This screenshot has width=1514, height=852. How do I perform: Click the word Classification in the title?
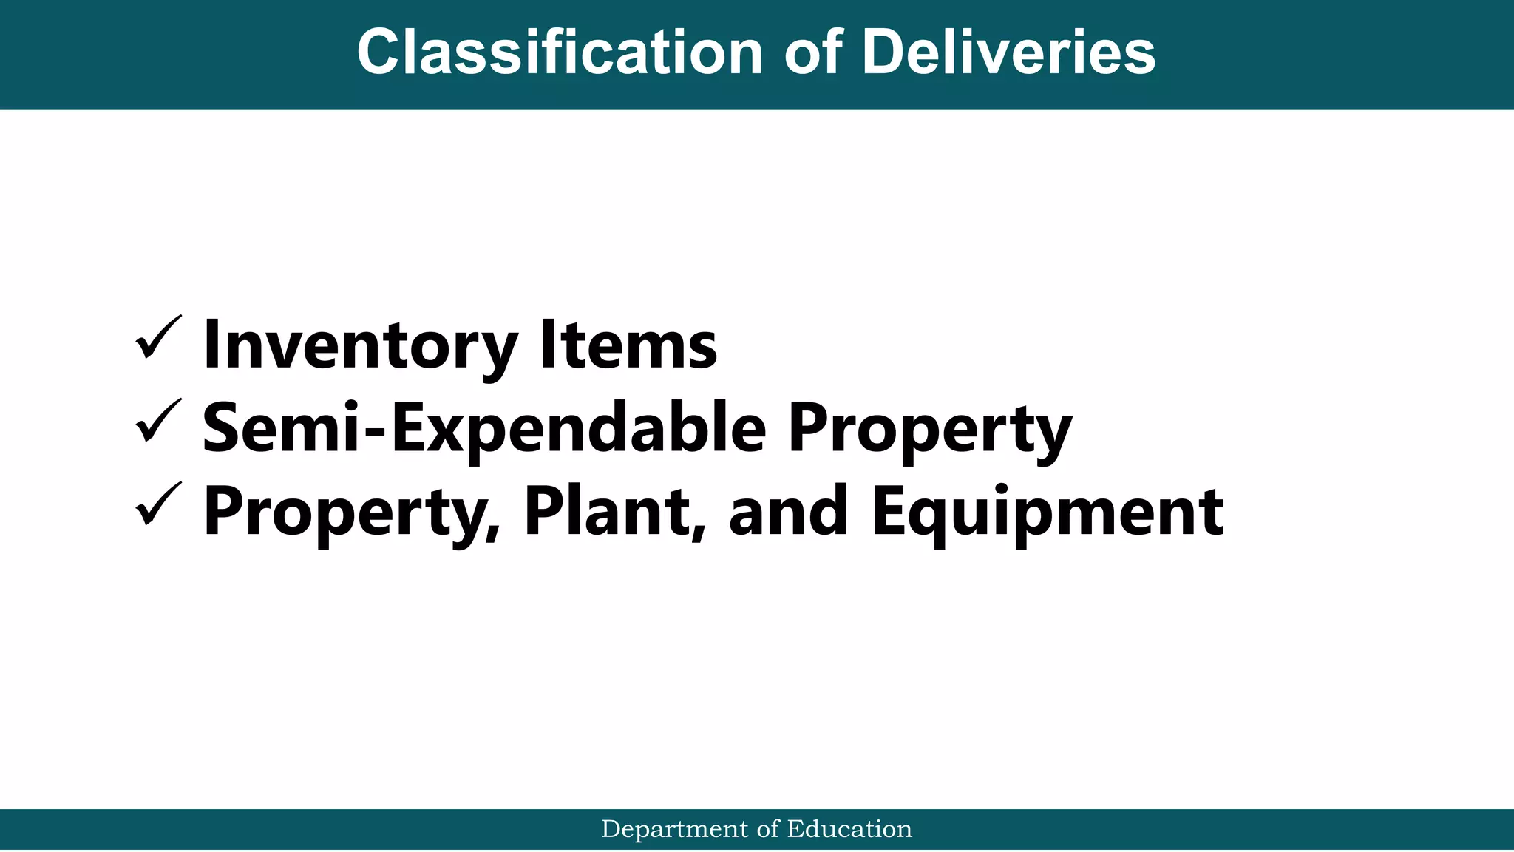click(x=560, y=53)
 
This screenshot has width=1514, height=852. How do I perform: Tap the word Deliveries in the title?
click(x=1008, y=53)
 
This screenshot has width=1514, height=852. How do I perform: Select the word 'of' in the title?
click(x=812, y=53)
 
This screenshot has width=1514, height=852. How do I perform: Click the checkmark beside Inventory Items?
click(x=158, y=338)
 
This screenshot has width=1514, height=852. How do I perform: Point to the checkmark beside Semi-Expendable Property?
click(x=158, y=421)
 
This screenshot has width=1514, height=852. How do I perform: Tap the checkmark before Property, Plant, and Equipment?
click(x=158, y=504)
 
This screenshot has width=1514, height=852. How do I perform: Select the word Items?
click(x=628, y=345)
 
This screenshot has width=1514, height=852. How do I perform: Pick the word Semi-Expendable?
click(x=484, y=429)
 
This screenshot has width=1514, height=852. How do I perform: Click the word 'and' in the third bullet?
click(x=788, y=512)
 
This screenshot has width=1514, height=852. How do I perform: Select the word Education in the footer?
click(x=849, y=830)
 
